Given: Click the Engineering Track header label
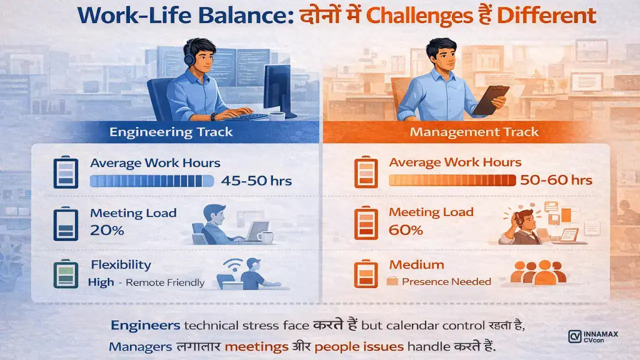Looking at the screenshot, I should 171,132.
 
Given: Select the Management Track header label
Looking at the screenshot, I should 474,132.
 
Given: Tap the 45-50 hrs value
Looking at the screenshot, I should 256,180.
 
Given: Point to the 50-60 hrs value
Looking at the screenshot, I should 556,180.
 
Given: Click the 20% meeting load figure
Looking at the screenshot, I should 107,230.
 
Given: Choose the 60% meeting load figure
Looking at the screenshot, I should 406,230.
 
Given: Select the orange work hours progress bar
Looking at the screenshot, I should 452,180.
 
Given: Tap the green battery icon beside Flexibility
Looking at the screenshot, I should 65,272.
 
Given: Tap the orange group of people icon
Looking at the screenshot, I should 538,272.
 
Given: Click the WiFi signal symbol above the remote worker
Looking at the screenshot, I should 232,263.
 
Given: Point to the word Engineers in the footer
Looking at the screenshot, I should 145,325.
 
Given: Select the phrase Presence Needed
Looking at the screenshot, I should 446,281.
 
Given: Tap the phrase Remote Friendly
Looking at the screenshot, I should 165,282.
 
